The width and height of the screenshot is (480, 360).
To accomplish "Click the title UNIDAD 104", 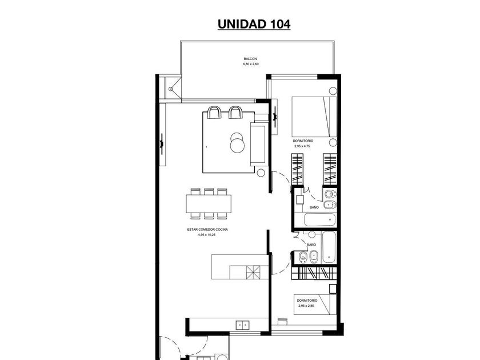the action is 254,24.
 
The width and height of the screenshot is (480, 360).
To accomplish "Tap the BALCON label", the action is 250,59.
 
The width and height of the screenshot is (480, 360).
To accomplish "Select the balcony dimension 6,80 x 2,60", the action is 251,64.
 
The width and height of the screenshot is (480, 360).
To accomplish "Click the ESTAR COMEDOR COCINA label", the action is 207,229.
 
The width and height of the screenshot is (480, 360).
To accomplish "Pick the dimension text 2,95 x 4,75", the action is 302,146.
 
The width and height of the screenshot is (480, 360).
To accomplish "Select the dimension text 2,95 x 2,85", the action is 306,306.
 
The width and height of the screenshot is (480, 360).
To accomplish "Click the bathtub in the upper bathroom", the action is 319,220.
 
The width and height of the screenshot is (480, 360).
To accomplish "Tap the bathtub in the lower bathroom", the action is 329,247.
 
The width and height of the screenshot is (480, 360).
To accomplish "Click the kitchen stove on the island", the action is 253,272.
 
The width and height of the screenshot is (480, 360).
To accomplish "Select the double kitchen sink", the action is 242,325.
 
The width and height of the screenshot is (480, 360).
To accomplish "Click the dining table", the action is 209,203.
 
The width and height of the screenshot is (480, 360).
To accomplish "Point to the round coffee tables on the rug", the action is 237,143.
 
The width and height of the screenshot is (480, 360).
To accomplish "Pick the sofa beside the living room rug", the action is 258,143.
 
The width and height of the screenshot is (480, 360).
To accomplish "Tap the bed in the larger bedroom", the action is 314,117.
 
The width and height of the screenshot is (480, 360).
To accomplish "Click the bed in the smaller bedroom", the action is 315,305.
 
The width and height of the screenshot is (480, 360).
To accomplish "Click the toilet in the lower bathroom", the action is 303,258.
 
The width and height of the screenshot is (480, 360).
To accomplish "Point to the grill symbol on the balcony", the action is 171,89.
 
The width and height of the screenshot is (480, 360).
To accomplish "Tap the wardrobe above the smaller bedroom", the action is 314,273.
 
